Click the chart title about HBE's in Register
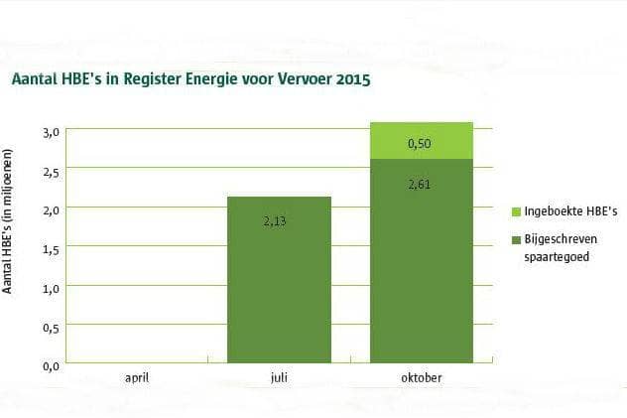(191, 78)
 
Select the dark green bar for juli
(279, 280)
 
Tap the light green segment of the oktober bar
(422, 140)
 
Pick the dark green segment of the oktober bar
(422, 261)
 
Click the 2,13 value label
(275, 221)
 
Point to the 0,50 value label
(420, 144)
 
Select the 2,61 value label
(420, 185)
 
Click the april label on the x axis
(137, 378)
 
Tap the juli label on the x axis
(279, 377)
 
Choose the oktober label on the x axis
(422, 377)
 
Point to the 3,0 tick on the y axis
(51, 133)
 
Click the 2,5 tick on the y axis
(51, 173)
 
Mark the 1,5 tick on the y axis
(51, 250)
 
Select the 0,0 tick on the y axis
(51, 366)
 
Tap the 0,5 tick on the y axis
(51, 329)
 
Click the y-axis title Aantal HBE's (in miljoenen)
(7, 221)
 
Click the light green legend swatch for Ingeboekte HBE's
(516, 212)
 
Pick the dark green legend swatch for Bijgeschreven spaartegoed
(516, 240)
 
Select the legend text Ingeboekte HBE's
(570, 211)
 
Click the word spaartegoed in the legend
(557, 257)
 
